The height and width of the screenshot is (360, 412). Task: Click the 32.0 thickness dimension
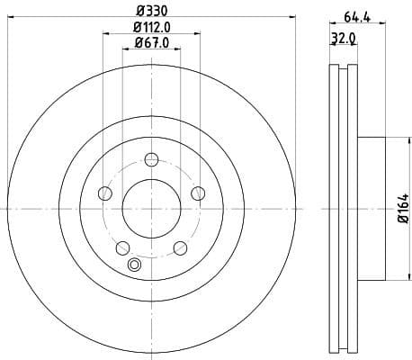click(x=339, y=39)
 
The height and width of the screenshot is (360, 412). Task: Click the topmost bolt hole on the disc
click(x=151, y=160)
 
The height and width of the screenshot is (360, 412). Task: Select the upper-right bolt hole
click(x=197, y=193)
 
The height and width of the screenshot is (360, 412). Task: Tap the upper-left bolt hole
click(x=105, y=193)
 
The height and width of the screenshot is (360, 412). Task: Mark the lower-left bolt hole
click(x=122, y=247)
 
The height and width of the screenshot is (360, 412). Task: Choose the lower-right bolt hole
click(x=179, y=247)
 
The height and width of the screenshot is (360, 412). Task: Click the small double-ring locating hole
click(x=136, y=265)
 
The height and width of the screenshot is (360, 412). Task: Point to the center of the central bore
click(x=151, y=208)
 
